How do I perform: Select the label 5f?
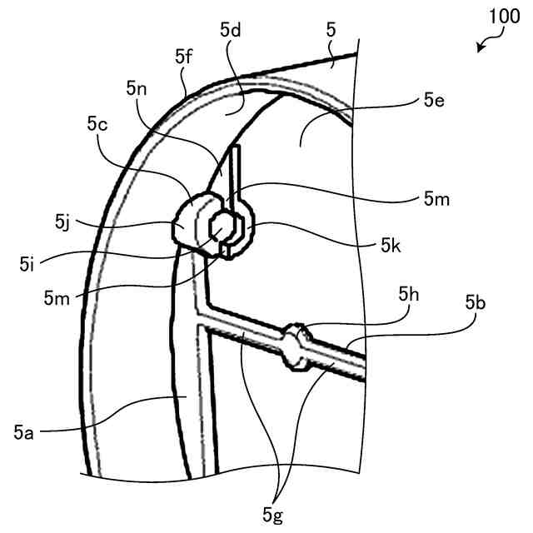pos(184,56)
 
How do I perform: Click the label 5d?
pos(231,29)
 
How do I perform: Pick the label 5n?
pos(137,87)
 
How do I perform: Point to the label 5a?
pos(24,431)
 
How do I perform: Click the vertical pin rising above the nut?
pos(236,171)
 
